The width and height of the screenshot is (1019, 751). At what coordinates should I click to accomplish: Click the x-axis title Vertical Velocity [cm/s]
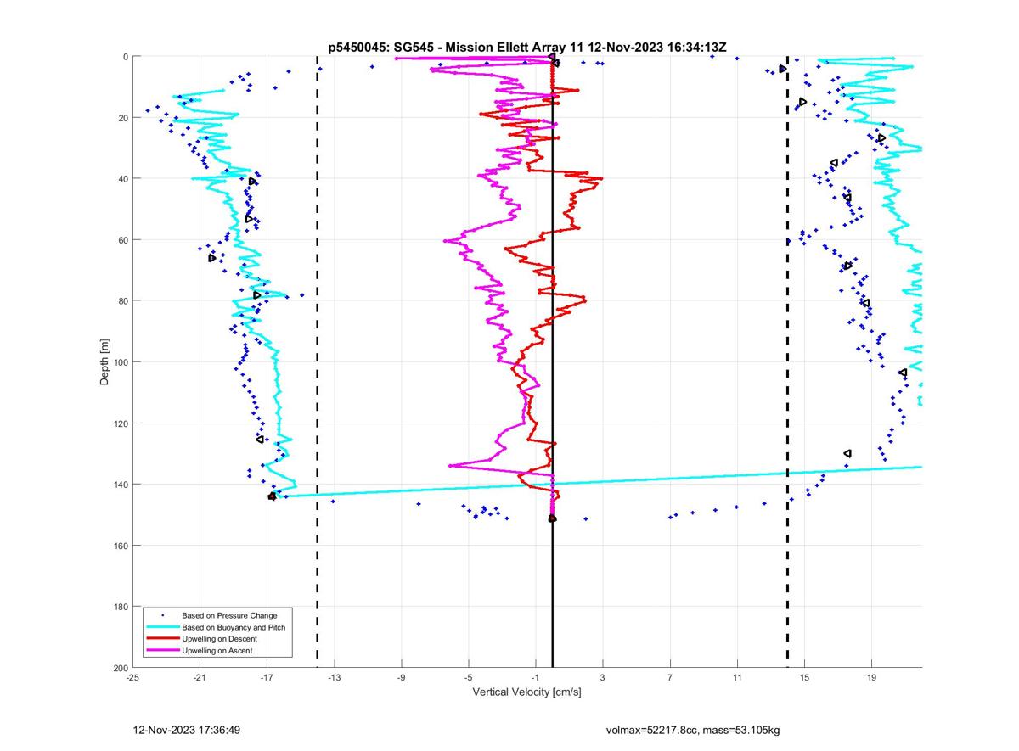(x=526, y=692)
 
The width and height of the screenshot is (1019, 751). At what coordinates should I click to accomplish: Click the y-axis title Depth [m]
(x=104, y=361)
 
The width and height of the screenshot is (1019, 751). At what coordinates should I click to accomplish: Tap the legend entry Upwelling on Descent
(x=219, y=639)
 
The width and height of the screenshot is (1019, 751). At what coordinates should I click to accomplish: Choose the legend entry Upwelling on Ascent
(x=217, y=651)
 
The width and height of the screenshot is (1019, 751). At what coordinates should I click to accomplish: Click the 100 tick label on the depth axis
(x=120, y=362)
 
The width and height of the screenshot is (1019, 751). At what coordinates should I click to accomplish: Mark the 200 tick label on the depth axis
(x=120, y=668)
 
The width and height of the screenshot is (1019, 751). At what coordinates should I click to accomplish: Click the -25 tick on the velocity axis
(x=132, y=678)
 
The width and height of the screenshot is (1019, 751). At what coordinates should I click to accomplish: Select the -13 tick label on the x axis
(x=334, y=678)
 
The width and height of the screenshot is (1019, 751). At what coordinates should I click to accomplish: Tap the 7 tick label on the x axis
(x=670, y=678)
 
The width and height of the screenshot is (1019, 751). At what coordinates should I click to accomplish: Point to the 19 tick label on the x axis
(x=871, y=678)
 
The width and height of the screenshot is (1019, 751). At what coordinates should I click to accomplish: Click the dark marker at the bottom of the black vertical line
(x=552, y=518)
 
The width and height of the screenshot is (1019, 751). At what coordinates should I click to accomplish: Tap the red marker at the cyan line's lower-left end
(x=272, y=496)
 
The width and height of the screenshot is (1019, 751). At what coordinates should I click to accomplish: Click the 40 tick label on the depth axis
(x=122, y=179)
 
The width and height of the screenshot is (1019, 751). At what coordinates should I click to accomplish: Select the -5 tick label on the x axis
(x=468, y=678)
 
